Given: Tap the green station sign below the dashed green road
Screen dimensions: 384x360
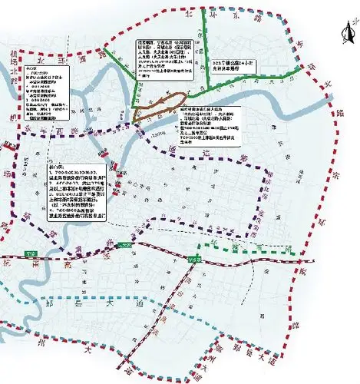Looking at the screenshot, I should pyautogui.click(x=193, y=260).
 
